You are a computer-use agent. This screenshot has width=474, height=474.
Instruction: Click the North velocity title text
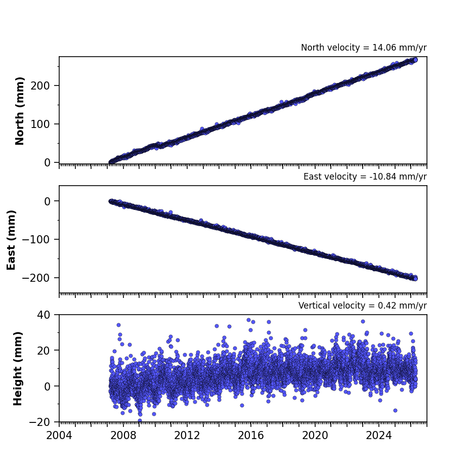[364, 48]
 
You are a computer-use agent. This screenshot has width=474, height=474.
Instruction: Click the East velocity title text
[365, 177]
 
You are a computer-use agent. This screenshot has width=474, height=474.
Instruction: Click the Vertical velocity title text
[362, 306]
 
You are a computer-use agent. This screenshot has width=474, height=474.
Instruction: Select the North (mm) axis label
[19, 111]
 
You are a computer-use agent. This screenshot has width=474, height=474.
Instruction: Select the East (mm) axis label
[11, 240]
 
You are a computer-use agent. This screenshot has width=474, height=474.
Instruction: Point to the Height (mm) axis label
[18, 368]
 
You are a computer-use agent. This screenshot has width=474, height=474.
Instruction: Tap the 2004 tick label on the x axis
[59, 436]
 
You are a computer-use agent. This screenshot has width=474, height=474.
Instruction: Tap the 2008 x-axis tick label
[123, 436]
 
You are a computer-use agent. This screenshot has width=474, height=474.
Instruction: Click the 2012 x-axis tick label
[187, 436]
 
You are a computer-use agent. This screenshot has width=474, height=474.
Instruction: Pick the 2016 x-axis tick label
[251, 436]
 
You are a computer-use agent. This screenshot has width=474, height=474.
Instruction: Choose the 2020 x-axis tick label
[315, 436]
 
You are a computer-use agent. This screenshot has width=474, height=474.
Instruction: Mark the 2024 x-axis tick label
[379, 436]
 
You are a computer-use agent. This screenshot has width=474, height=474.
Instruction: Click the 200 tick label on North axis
[40, 86]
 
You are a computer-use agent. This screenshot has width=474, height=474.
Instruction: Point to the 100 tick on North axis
[40, 124]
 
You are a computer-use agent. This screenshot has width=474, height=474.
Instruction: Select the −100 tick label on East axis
[36, 239]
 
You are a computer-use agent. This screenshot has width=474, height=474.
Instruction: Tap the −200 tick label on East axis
[36, 278]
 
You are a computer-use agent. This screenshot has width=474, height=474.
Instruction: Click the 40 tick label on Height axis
[44, 315]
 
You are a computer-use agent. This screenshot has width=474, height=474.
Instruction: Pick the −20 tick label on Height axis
[39, 422]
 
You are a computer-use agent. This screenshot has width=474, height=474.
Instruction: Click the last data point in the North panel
[415, 60]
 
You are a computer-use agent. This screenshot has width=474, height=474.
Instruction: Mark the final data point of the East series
[415, 278]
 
